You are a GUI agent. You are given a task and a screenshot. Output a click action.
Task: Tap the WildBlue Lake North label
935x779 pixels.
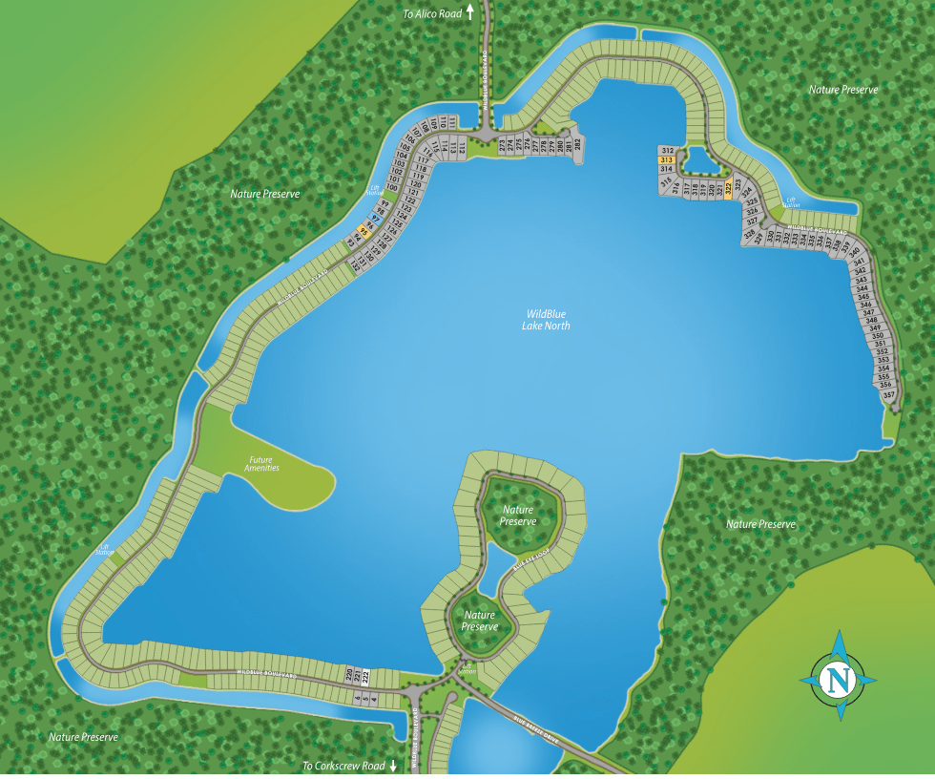tap(546, 319)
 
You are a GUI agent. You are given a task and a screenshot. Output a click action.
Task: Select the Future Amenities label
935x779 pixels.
tap(261, 463)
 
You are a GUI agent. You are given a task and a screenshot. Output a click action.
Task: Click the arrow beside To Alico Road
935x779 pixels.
tap(469, 13)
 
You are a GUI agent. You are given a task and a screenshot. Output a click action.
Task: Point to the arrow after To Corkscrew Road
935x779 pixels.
tap(393, 766)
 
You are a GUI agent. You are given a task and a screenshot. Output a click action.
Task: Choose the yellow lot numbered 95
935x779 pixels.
tap(363, 230)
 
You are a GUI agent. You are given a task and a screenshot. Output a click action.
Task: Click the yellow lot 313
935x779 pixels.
tap(667, 160)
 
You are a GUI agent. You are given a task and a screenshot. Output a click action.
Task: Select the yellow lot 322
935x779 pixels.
tap(728, 189)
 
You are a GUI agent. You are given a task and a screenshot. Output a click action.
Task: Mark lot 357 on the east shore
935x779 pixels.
tap(888, 394)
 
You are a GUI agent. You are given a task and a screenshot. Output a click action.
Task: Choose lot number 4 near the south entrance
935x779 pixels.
tap(375, 700)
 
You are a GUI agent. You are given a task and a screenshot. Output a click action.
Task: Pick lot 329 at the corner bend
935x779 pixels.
tap(759, 239)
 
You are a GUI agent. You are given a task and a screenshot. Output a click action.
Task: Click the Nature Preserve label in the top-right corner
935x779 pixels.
tap(842, 89)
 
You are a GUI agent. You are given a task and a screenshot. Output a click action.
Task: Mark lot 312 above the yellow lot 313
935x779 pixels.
tap(668, 151)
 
